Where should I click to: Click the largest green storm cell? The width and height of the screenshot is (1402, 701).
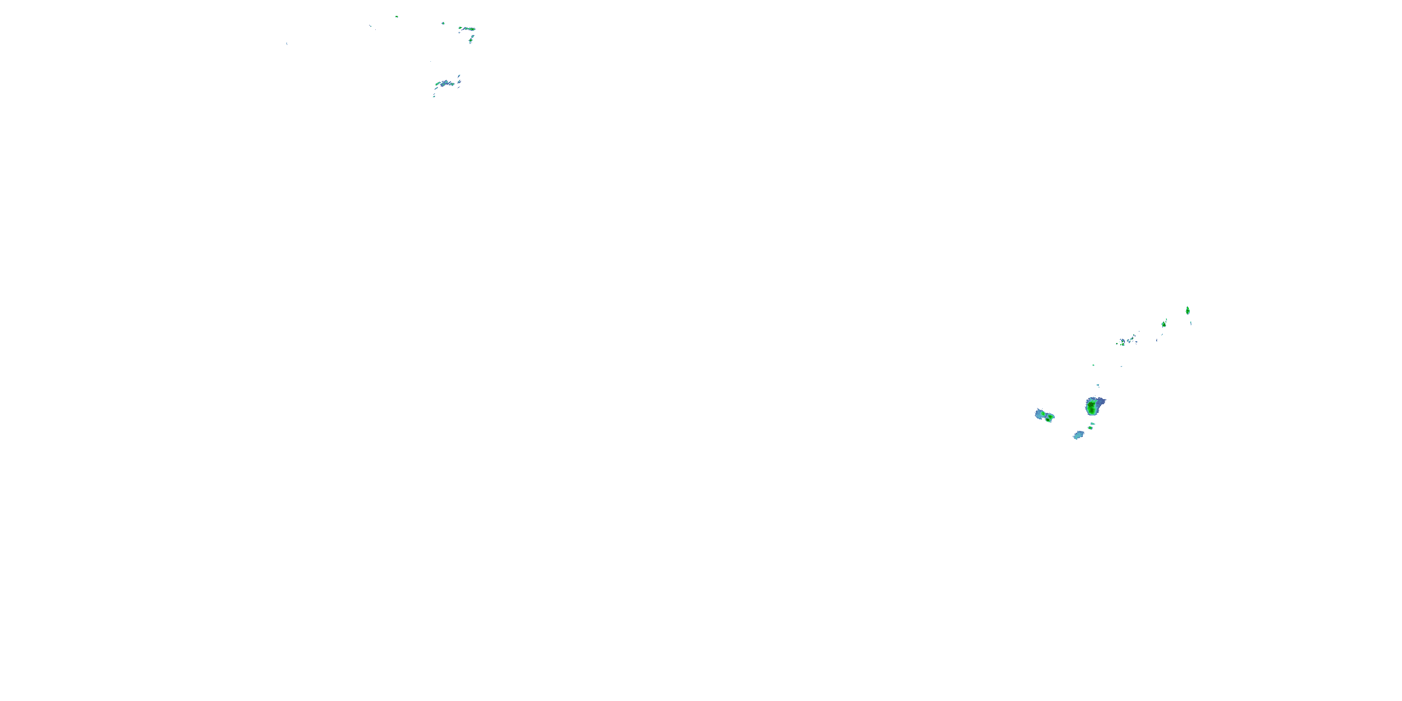pos(1092,406)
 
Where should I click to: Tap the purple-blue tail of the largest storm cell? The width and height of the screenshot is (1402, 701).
pos(1102,401)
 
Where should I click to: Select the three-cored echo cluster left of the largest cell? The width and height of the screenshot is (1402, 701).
pos(1044,416)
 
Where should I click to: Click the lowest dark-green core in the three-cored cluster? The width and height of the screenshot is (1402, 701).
pos(1049,419)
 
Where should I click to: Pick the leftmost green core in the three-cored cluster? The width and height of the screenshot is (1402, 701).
pos(1041,414)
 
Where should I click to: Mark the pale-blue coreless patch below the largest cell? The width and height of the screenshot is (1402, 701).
pos(1078,435)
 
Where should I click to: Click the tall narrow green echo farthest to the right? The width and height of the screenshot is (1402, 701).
pos(1187,310)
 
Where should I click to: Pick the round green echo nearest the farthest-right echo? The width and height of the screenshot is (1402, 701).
pos(1164,324)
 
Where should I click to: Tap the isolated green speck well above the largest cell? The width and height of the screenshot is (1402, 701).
pos(1093,365)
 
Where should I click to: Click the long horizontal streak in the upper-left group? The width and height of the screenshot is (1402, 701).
pos(467,29)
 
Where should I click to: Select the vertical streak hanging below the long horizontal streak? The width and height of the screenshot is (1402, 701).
pos(472,39)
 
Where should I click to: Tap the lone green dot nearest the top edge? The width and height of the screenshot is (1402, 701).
pos(396,17)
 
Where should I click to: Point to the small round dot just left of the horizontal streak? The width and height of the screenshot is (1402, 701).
pos(443,23)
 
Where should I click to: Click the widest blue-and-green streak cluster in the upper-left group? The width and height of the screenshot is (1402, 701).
pos(446,84)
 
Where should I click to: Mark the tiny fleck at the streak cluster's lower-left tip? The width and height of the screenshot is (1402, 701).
pos(434,96)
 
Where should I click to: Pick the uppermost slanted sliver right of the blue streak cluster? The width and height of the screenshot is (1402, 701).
pos(459,76)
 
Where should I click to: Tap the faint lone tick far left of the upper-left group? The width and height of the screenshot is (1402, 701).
pos(286,43)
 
